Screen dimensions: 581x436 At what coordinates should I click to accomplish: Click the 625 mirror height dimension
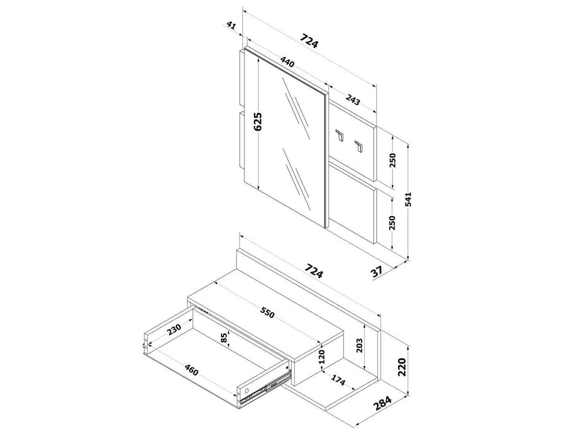point(258,122)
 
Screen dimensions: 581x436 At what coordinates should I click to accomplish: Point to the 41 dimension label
point(231,26)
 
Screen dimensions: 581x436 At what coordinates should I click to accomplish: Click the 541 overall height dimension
point(409,199)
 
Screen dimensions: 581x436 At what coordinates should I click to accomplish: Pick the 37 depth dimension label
point(376,271)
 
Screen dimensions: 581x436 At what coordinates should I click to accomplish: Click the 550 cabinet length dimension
point(267,312)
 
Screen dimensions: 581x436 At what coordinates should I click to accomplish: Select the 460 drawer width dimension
point(191,370)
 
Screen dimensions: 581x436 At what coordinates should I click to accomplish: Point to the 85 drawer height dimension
point(224,338)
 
